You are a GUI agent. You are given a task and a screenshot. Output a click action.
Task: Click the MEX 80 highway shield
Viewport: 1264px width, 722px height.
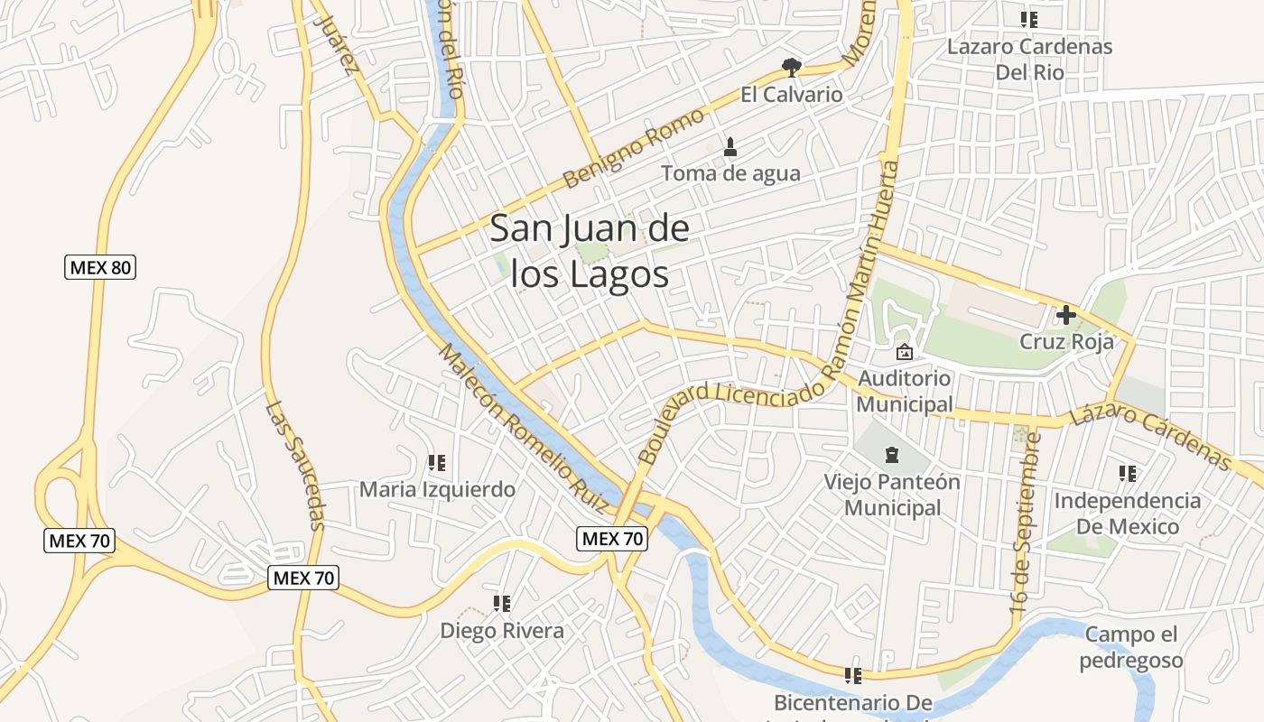pos(100,267)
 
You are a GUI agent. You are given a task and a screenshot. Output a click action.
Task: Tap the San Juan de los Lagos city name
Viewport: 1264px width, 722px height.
pos(590,251)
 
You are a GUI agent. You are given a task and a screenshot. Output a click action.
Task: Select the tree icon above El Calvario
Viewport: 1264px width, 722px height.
pos(792,67)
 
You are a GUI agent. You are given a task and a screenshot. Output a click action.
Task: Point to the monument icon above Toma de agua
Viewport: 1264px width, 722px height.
pos(730,146)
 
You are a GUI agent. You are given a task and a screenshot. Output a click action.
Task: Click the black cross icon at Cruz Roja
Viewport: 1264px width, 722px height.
pos(1066,315)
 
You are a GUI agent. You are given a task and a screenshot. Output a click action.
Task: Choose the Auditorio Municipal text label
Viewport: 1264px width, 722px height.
pos(905,391)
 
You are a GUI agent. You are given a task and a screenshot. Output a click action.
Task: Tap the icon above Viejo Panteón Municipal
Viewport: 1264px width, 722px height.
pos(892,454)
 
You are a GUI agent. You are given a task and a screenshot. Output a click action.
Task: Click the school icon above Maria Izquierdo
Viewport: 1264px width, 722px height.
pos(437,463)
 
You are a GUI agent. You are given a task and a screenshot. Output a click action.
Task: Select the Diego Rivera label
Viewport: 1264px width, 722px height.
pos(502,631)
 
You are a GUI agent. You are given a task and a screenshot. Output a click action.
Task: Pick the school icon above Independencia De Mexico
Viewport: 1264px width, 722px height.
pos(1127,473)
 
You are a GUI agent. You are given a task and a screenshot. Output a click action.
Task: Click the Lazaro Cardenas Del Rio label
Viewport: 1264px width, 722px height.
pos(1029,59)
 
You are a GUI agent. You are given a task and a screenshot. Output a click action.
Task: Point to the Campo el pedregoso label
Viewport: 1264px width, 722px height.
pos(1130,647)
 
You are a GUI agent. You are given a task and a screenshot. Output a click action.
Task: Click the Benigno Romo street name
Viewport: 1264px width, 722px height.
pos(633,148)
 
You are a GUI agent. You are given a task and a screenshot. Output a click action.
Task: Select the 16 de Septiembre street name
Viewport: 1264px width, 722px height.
pos(1027,524)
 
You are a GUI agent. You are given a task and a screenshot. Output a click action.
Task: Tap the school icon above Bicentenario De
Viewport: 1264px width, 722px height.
pos(852,675)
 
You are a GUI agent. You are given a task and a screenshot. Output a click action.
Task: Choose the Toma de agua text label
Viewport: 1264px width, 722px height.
pos(730,173)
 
